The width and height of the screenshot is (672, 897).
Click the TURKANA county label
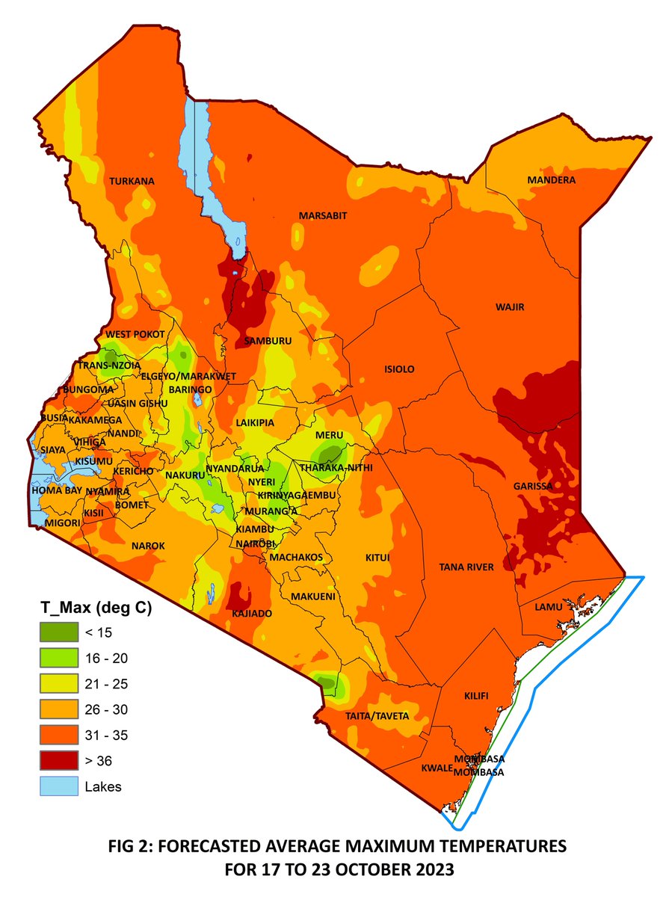click(132, 182)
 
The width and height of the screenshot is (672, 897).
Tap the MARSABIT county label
click(324, 216)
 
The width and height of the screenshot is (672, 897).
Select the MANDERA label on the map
click(552, 181)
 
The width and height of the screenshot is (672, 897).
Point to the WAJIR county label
click(511, 307)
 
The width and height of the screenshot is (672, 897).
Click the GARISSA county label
click(533, 486)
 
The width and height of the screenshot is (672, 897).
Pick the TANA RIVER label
click(465, 567)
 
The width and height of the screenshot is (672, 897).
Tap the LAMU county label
click(548, 607)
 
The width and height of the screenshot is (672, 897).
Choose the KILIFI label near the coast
click(476, 696)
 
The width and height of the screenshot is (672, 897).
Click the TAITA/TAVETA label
click(377, 716)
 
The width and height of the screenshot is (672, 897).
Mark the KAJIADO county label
click(253, 614)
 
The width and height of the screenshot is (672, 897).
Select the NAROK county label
click(148, 546)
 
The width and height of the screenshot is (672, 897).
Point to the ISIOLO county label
click(398, 369)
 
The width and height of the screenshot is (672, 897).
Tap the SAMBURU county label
click(268, 341)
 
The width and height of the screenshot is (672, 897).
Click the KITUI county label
click(377, 558)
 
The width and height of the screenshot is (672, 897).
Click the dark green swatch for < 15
click(58, 632)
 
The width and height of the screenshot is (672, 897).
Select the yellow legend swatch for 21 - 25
click(58, 684)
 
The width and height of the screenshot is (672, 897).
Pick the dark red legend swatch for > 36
click(58, 761)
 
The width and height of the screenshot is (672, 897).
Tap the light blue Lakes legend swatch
click(58, 786)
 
